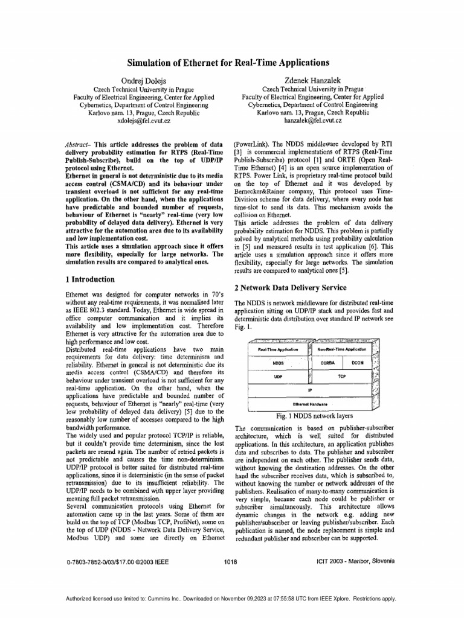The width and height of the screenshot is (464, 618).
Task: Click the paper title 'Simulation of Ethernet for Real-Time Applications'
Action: [x=228, y=63]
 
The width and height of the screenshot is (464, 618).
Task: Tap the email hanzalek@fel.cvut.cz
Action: [x=312, y=121]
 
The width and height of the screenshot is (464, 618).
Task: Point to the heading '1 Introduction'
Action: [x=89, y=279]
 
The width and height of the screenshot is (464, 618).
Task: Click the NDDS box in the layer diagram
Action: [x=279, y=363]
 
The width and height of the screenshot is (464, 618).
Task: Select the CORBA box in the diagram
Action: [x=327, y=363]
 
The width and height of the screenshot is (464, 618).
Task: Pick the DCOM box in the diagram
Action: [x=358, y=363]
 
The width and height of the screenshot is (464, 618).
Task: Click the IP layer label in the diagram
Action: [x=309, y=389]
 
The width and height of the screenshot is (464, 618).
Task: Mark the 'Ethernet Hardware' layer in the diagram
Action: [x=309, y=404]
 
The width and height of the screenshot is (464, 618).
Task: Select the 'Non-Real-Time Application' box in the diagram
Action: [x=342, y=349]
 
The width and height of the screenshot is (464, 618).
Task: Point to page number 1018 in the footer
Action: [x=230, y=561]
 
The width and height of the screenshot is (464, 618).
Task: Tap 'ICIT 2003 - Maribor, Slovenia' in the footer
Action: [x=355, y=561]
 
